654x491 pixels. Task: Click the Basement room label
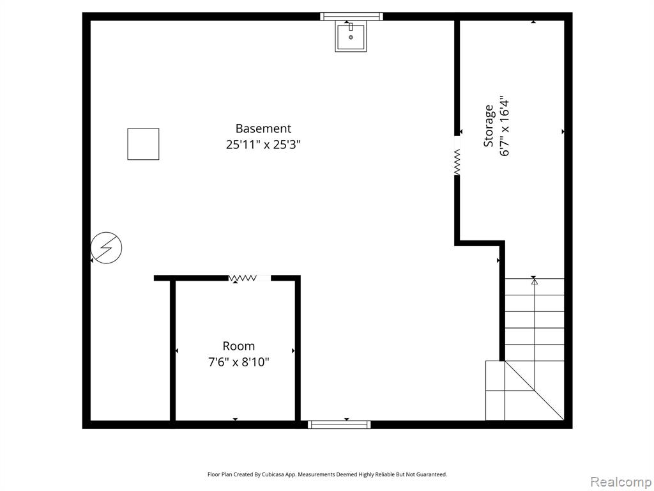pyautogui.click(x=263, y=129)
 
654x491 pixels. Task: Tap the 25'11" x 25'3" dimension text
pyautogui.click(x=263, y=144)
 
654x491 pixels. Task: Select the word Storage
pyautogui.click(x=489, y=126)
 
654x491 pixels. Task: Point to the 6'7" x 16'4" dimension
pyautogui.click(x=505, y=128)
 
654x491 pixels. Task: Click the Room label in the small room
pyautogui.click(x=239, y=346)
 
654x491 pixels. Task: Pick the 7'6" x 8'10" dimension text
pyautogui.click(x=239, y=362)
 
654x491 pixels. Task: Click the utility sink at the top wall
pyautogui.click(x=351, y=37)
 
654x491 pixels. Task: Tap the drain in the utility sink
pyautogui.click(x=351, y=38)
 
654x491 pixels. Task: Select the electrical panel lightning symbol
pyautogui.click(x=107, y=247)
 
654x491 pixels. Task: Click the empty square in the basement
pyautogui.click(x=143, y=144)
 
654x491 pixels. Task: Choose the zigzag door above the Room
pyautogui.click(x=243, y=278)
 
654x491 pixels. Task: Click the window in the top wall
pyautogui.click(x=352, y=16)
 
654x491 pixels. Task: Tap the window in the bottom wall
pyautogui.click(x=340, y=425)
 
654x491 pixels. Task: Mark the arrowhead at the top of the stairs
pyautogui.click(x=535, y=282)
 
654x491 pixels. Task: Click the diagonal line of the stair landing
pyautogui.click(x=535, y=391)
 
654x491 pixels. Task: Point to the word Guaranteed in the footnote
pyautogui.click(x=434, y=474)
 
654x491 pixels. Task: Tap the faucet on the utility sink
pyautogui.click(x=351, y=27)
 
